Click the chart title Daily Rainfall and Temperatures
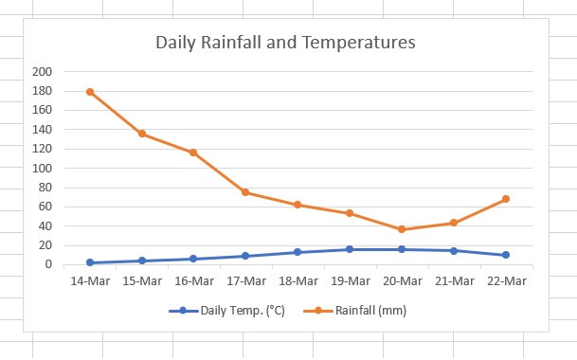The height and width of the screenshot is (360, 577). click(285, 44)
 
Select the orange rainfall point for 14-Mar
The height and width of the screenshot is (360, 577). click(90, 92)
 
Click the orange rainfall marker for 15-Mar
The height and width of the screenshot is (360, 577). click(142, 134)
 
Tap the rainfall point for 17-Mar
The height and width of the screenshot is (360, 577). click(245, 192)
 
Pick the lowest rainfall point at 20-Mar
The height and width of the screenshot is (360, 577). click(402, 229)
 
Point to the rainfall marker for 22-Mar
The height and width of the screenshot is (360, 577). click(506, 199)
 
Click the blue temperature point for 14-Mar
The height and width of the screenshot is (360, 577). click(90, 262)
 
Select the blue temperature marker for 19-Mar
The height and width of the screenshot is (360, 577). click(350, 249)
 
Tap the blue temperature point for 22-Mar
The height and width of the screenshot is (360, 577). click(506, 255)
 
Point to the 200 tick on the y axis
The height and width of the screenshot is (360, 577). click(42, 72)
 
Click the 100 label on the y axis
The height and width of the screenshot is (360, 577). click(42, 169)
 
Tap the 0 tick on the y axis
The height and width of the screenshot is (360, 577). click(47, 265)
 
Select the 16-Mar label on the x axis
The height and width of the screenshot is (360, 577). click(193, 280)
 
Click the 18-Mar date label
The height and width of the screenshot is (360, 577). click(298, 280)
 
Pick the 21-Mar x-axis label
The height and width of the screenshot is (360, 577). click(454, 280)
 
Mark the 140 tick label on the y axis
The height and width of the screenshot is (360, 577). click(42, 130)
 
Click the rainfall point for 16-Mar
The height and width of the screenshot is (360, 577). click(193, 153)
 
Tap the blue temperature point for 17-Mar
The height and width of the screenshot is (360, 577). click(245, 256)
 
